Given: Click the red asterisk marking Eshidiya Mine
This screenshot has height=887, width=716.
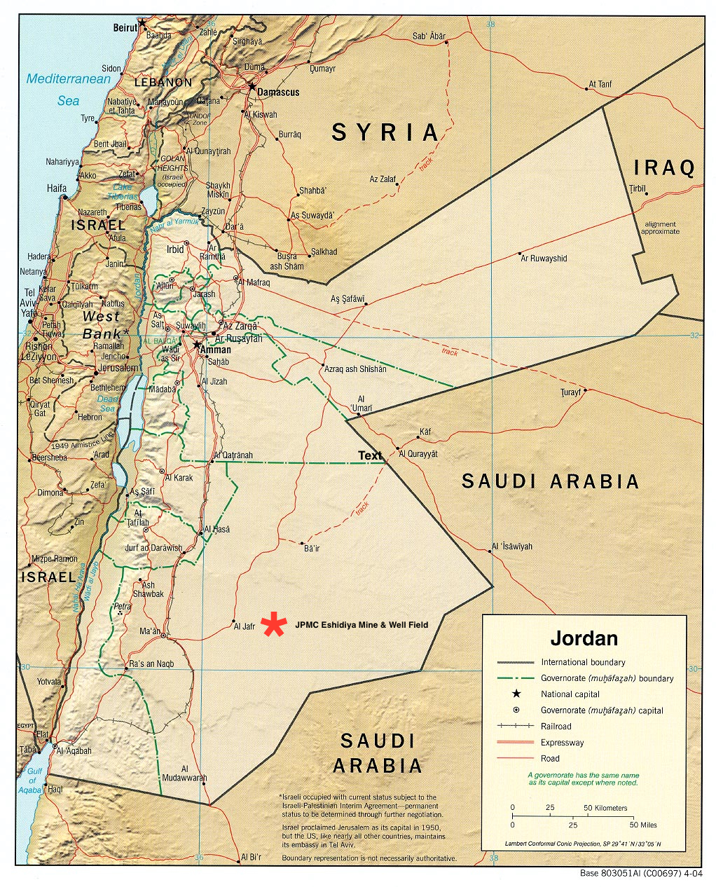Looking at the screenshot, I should tap(274, 624).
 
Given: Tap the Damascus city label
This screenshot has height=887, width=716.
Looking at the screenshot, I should tap(278, 92).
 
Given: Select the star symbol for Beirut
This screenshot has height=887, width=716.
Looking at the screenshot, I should tap(142, 23).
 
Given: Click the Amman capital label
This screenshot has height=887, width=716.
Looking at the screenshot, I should tap(216, 349).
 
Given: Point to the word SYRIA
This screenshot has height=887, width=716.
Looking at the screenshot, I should tap(385, 132).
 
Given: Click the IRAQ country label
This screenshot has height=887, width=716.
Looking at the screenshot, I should tap(664, 167).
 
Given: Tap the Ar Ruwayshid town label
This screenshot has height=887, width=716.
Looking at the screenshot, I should tap(544, 259).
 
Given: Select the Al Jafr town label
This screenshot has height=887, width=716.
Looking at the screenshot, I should tap(245, 626).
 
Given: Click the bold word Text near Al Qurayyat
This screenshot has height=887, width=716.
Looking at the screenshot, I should tap(370, 455).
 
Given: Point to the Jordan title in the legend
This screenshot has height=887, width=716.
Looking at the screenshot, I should tap(584, 638).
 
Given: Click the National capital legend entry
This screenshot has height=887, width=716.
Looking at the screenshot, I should tap(570, 694).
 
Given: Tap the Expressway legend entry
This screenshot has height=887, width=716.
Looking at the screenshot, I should tap(562, 743).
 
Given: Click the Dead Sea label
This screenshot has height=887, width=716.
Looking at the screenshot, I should tap(106, 404).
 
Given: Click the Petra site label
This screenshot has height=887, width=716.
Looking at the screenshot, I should tap(123, 606).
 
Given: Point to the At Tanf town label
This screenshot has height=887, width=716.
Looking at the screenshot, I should tap(600, 84).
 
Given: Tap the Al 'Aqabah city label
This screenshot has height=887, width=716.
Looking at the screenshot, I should tap(74, 750).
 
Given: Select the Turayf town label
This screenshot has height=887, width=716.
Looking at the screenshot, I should tap(571, 392).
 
